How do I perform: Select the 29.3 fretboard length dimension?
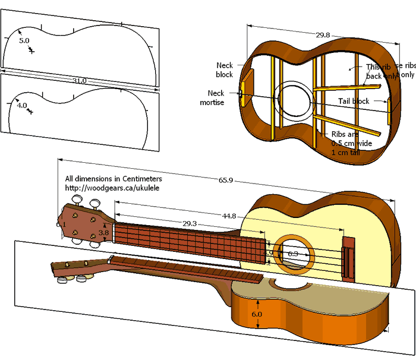click(x=190, y=224)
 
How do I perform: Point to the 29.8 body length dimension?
click(x=323, y=36)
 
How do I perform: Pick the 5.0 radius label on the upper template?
click(x=24, y=40)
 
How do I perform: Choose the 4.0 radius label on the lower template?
click(x=22, y=105)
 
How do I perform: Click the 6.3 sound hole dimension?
click(x=293, y=254)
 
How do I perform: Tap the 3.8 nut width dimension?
click(x=103, y=233)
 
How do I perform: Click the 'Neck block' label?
click(x=225, y=70)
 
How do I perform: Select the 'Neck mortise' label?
click(x=216, y=98)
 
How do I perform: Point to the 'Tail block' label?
click(x=354, y=101)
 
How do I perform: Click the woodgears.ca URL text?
click(x=113, y=188)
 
